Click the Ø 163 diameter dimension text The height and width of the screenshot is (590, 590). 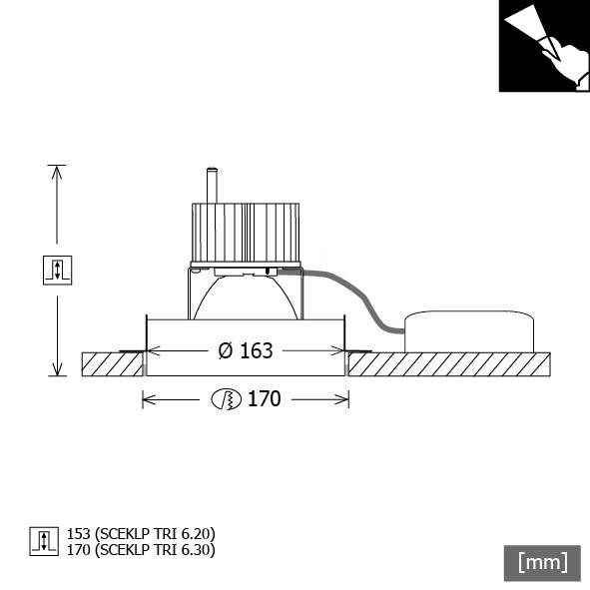point(245,350)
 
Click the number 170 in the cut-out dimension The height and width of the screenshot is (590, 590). point(264,399)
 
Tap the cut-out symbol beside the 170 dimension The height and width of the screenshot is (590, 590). point(227,399)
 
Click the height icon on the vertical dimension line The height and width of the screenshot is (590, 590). point(57,269)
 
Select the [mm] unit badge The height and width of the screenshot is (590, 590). point(542,562)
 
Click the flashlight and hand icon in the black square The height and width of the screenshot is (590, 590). point(544,46)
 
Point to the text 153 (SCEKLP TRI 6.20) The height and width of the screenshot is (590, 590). point(140,534)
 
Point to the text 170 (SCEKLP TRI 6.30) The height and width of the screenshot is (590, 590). point(140,549)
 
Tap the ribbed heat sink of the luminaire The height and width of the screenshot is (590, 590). point(245,233)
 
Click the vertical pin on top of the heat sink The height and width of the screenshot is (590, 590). point(211,186)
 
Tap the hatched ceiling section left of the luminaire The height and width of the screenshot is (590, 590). point(110,363)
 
